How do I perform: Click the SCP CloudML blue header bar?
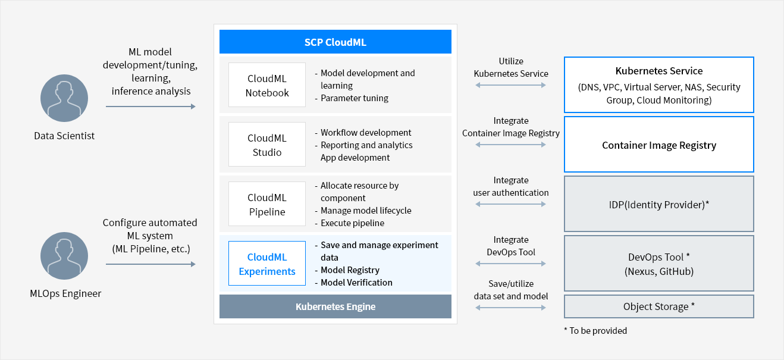335,42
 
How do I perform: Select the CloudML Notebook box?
267,84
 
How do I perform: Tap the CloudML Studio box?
267,144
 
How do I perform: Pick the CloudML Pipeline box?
267,204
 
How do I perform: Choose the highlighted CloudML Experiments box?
267,264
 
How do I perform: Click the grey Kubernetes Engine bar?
335,306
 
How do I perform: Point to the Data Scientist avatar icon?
64,98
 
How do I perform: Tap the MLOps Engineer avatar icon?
64,256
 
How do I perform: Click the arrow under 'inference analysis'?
150,107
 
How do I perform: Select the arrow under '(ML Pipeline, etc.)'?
150,264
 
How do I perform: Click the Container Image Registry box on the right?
659,144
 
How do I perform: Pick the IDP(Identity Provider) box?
659,204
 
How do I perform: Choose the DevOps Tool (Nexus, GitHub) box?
659,264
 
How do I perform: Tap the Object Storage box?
659,306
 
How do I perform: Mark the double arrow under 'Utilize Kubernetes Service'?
510,85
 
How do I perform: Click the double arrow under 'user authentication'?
510,204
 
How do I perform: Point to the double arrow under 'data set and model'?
510,308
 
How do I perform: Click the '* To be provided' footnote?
595,331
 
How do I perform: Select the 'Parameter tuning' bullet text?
354,98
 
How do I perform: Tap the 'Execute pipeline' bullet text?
352,223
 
